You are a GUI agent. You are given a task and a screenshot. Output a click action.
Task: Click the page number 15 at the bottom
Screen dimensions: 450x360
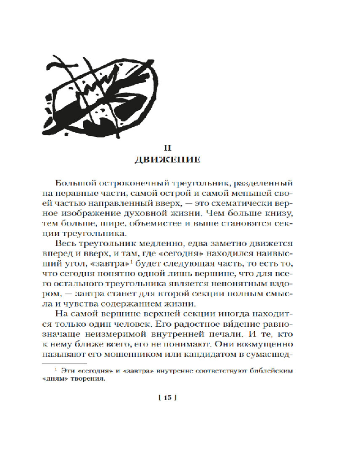tap(166, 397)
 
